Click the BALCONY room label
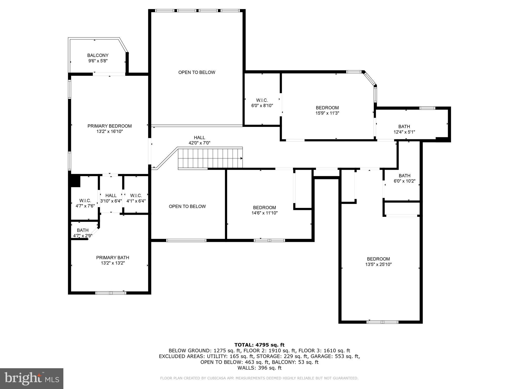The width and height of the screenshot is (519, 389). (98, 55)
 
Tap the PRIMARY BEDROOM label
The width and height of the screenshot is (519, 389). (109, 126)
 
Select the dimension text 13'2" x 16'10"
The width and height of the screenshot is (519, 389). (109, 131)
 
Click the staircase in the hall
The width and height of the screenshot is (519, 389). (210, 158)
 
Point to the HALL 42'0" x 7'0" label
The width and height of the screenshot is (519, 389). (199, 140)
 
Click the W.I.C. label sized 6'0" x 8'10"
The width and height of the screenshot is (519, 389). (262, 103)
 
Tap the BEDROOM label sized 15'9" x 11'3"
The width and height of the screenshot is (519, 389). (327, 110)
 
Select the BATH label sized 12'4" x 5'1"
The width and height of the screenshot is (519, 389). (404, 129)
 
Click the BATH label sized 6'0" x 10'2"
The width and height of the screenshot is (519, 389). (404, 178)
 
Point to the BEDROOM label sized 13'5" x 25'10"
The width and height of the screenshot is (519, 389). (378, 262)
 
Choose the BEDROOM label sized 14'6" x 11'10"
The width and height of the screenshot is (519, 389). (264, 210)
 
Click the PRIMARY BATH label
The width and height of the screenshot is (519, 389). (113, 260)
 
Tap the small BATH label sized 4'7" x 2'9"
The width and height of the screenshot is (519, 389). (83, 233)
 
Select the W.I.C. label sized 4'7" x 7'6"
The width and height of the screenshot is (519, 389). (85, 203)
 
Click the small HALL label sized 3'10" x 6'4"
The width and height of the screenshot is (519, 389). (111, 198)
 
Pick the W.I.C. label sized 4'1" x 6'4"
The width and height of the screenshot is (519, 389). (136, 198)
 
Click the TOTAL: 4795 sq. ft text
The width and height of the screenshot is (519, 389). (259, 345)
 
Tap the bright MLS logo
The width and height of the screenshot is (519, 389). (31, 379)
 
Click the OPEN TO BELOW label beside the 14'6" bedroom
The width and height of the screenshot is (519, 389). (187, 206)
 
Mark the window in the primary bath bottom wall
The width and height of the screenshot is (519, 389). (111, 293)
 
